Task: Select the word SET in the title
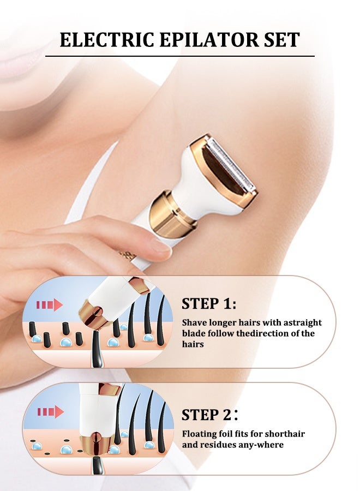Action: [x=279, y=40]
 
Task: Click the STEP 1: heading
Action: [x=209, y=304]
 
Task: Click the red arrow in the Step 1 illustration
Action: [x=50, y=305]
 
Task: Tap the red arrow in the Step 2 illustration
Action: [x=50, y=411]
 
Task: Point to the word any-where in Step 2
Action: [x=264, y=445]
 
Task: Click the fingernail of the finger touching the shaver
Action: [x=160, y=245]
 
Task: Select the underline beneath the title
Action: [x=179, y=56]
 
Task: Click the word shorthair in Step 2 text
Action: [x=285, y=434]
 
